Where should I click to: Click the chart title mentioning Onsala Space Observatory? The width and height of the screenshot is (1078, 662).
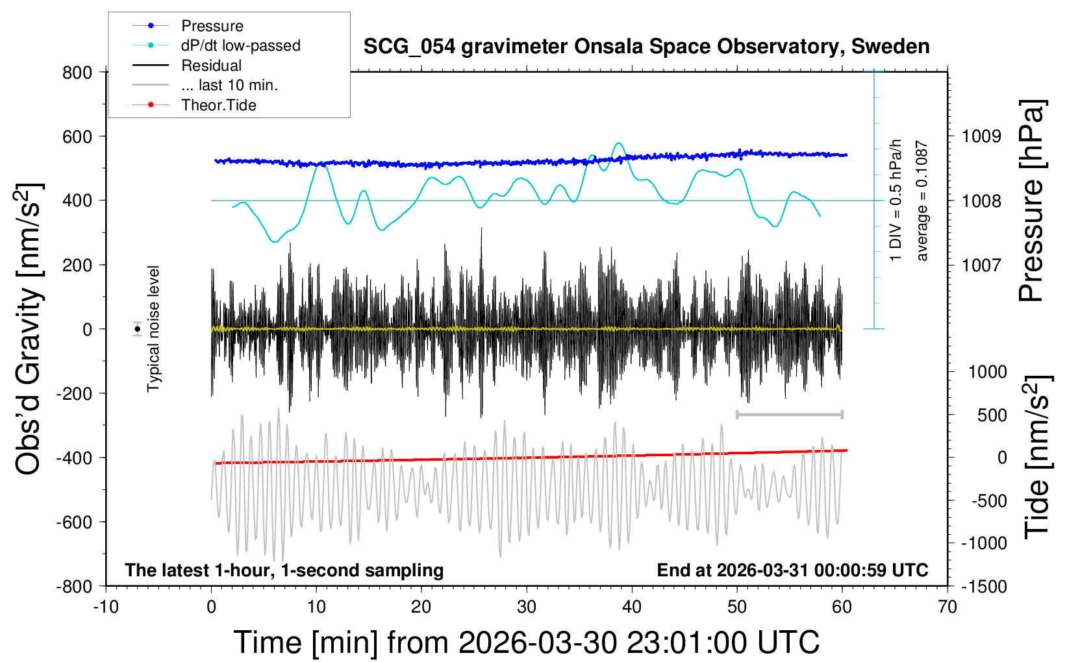[x=646, y=47]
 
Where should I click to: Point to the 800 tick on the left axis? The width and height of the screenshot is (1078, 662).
[x=77, y=72]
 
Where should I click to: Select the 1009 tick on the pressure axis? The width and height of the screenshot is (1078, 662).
[x=981, y=136]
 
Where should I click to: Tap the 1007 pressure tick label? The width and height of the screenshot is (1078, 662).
[x=981, y=265]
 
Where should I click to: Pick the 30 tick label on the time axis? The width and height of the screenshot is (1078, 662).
[x=527, y=607]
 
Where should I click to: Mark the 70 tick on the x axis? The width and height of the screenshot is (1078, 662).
[x=947, y=607]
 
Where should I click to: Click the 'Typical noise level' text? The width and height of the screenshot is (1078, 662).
[x=153, y=329]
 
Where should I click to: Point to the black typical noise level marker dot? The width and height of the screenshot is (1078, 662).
[x=138, y=329]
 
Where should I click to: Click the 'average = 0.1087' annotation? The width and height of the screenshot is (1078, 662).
[x=921, y=201]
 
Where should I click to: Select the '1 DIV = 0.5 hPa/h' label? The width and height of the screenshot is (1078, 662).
[x=896, y=200]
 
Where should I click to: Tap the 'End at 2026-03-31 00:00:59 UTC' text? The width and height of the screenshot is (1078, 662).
[x=792, y=570]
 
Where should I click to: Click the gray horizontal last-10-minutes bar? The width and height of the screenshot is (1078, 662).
[x=789, y=414]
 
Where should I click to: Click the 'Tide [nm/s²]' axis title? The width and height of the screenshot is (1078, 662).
[x=1037, y=457]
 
